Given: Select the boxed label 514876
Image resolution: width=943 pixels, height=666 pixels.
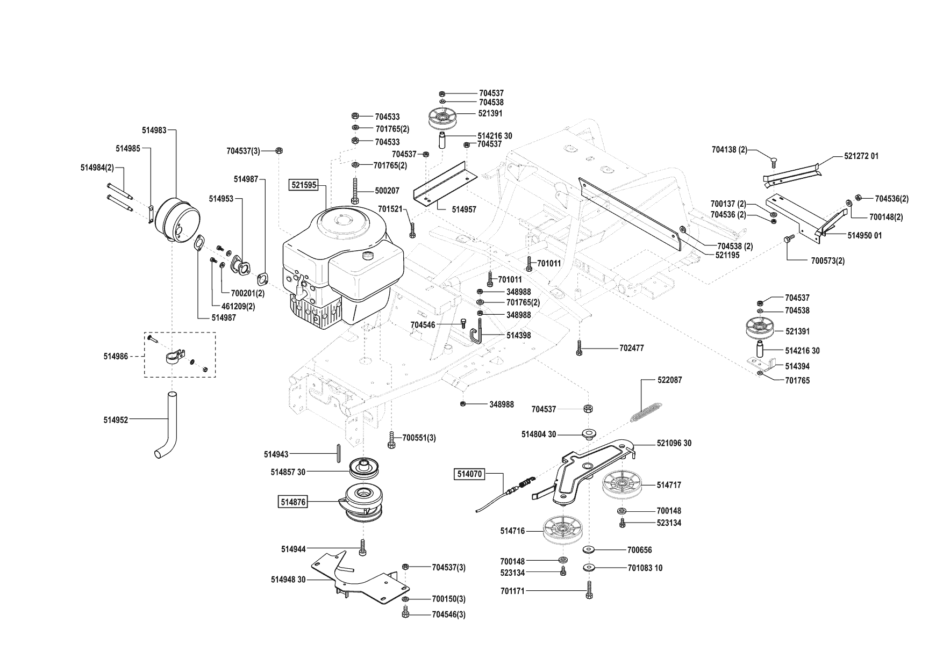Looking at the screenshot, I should tap(292, 502).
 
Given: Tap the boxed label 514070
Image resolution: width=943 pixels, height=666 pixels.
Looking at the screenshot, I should tap(470, 474).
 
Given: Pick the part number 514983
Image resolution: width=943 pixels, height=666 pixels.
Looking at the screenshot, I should tap(154, 130).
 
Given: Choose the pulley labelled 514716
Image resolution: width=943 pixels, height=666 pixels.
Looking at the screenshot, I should tap(562, 531).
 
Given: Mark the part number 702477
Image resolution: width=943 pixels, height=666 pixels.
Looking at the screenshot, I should tap(631, 348).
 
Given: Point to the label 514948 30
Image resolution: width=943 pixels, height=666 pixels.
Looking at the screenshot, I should tap(288, 580).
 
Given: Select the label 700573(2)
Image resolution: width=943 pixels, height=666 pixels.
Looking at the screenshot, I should tap(827, 261).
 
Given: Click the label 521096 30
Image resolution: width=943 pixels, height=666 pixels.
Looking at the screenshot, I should tap(674, 443).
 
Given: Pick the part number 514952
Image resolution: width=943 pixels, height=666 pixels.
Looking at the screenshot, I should tap(116, 420).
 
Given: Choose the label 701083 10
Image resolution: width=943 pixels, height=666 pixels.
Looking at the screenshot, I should tap(645, 568).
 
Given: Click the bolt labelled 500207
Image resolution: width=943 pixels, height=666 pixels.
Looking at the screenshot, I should tap(355, 191).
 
